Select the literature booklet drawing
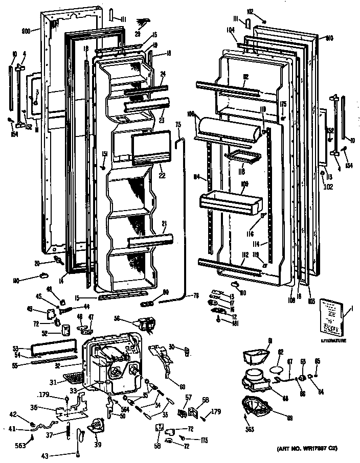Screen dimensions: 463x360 pos(331,317)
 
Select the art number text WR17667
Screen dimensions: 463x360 pos(309,449)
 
